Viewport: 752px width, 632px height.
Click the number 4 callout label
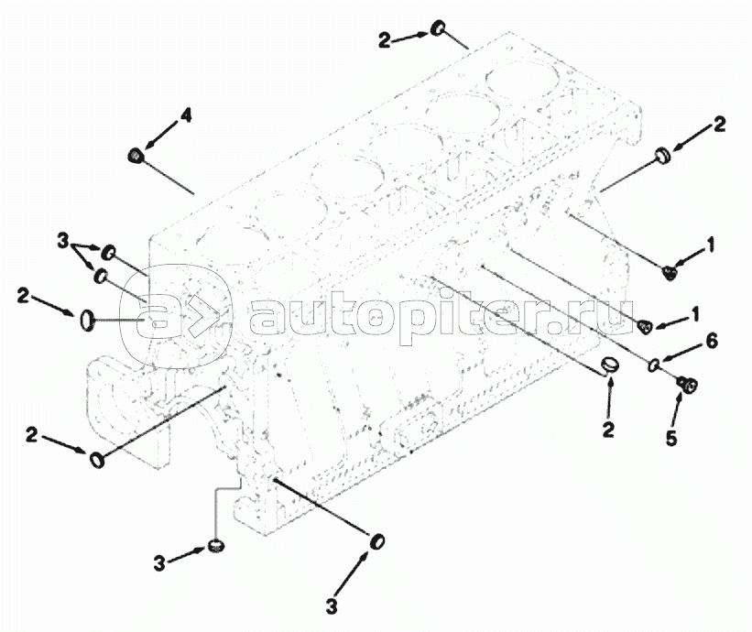click(186, 115)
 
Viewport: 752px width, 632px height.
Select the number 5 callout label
click(671, 438)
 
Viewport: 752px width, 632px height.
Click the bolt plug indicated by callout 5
click(687, 385)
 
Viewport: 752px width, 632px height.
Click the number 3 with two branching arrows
click(63, 241)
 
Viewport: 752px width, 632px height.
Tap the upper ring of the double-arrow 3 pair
click(109, 252)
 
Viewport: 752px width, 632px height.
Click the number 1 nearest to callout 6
click(694, 313)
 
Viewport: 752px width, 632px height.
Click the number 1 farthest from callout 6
click(709, 245)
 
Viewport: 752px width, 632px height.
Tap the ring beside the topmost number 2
click(439, 27)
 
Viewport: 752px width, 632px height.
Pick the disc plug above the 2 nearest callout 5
click(611, 365)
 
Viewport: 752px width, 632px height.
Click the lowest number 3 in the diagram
click(332, 605)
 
